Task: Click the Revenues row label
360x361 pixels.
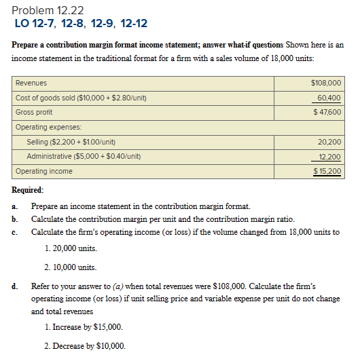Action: click(31, 83)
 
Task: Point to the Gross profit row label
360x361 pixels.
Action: click(34, 112)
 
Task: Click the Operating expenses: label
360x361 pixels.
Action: click(48, 127)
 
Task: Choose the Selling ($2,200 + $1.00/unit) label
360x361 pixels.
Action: click(71, 142)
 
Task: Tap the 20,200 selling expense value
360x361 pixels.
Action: click(329, 142)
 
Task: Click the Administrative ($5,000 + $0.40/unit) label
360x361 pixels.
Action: click(84, 156)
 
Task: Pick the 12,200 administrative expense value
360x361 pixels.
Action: click(329, 156)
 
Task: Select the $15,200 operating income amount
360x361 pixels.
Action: click(327, 171)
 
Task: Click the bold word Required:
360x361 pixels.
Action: click(28, 191)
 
